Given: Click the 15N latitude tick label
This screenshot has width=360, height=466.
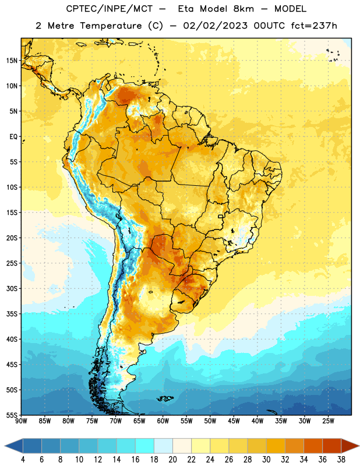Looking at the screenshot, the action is coord(12,61).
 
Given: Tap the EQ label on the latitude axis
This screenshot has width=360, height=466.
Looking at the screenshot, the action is coord(13,137).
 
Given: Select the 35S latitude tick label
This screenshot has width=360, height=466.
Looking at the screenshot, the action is coord(12,314).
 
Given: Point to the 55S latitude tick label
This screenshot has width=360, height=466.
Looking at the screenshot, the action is coord(12,415).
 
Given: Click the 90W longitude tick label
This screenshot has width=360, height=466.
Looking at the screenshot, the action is coord(21,421).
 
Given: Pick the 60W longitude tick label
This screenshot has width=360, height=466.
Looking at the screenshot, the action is coord(163,421).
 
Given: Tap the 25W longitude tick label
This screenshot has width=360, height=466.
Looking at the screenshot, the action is coord(328,421).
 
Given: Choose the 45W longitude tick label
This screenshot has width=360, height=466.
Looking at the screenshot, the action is coord(234,421).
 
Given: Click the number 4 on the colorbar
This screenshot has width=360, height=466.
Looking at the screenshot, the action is coord(23,460).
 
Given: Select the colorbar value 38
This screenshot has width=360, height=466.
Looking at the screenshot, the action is coord(341,460).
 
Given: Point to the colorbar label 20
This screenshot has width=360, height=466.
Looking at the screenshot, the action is coord(172,460).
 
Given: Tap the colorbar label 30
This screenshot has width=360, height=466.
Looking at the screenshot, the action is coord(266,460).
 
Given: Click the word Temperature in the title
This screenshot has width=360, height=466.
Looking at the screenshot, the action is coord(111,26).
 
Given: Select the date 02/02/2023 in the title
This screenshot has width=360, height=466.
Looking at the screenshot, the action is coord(215,26).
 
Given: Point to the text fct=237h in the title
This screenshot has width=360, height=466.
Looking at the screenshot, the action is coord(314,26).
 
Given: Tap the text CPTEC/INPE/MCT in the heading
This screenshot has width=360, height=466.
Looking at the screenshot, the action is coord(110,9).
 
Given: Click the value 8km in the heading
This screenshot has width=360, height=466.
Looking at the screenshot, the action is coord(243,9).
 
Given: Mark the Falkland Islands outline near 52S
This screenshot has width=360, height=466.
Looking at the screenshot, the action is coord(165,398).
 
